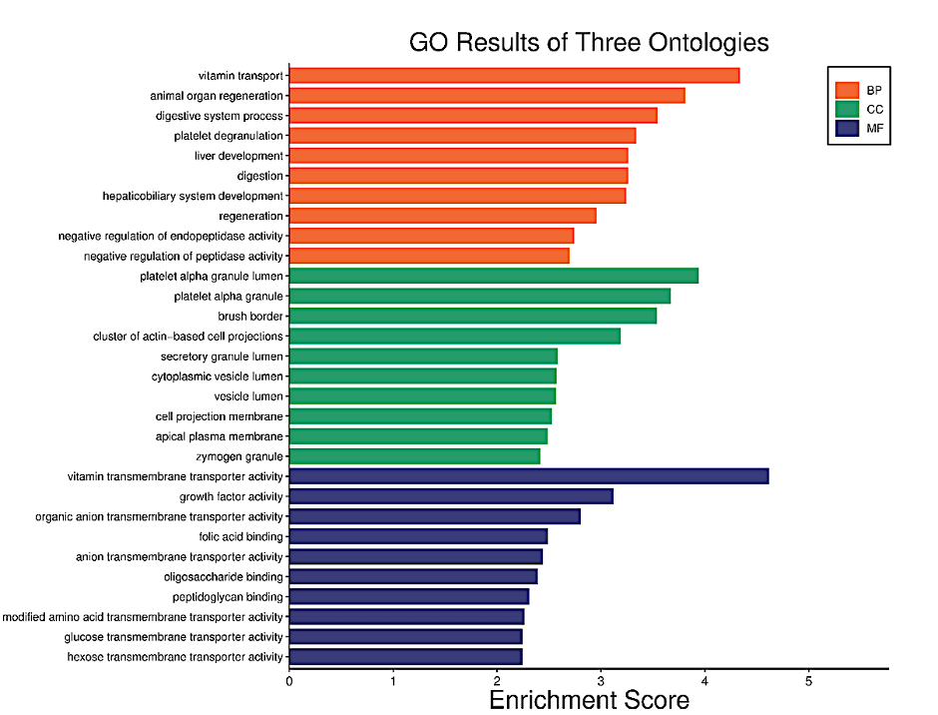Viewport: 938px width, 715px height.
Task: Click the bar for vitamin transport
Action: point(514,76)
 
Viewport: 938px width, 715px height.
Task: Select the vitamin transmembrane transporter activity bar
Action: point(529,476)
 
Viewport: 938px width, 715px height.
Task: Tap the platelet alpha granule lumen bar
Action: point(494,276)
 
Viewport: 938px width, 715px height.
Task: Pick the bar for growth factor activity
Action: point(451,496)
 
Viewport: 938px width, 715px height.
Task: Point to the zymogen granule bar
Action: point(415,456)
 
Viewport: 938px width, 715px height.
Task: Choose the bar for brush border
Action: point(473,316)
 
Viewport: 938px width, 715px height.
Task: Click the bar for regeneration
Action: point(443,216)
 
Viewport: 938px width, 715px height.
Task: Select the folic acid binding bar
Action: point(418,536)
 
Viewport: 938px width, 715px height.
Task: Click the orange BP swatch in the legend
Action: point(847,90)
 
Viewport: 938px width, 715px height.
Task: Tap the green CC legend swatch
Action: point(847,109)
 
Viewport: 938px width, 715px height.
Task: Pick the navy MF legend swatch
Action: point(847,129)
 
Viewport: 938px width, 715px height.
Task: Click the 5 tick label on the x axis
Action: point(808,681)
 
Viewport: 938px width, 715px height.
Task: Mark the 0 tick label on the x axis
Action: point(289,681)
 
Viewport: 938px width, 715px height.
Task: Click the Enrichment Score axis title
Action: point(589,700)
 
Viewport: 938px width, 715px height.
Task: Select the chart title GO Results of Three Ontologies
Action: point(589,43)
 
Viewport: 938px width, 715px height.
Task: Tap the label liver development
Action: point(238,156)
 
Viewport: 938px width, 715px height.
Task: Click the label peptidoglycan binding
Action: point(228,596)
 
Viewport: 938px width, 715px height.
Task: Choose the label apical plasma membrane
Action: point(220,436)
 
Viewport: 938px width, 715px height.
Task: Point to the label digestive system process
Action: point(220,116)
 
